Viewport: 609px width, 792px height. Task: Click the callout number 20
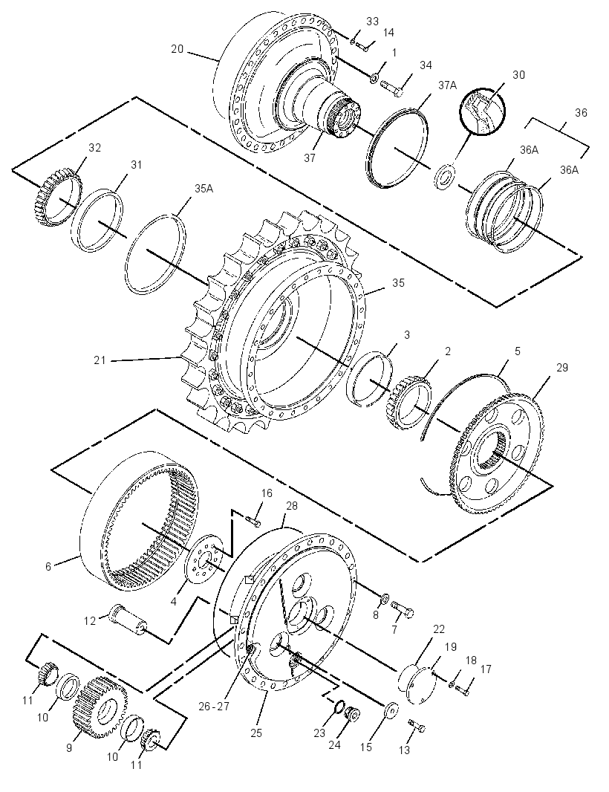point(178,49)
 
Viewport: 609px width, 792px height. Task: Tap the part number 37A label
point(447,85)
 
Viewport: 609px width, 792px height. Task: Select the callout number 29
point(562,368)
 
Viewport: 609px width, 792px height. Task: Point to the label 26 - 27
point(214,706)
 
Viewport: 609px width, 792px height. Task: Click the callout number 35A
point(203,189)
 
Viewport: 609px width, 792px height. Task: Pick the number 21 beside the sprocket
point(100,360)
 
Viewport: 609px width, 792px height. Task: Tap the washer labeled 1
point(374,78)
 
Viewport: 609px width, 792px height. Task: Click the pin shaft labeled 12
point(128,617)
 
